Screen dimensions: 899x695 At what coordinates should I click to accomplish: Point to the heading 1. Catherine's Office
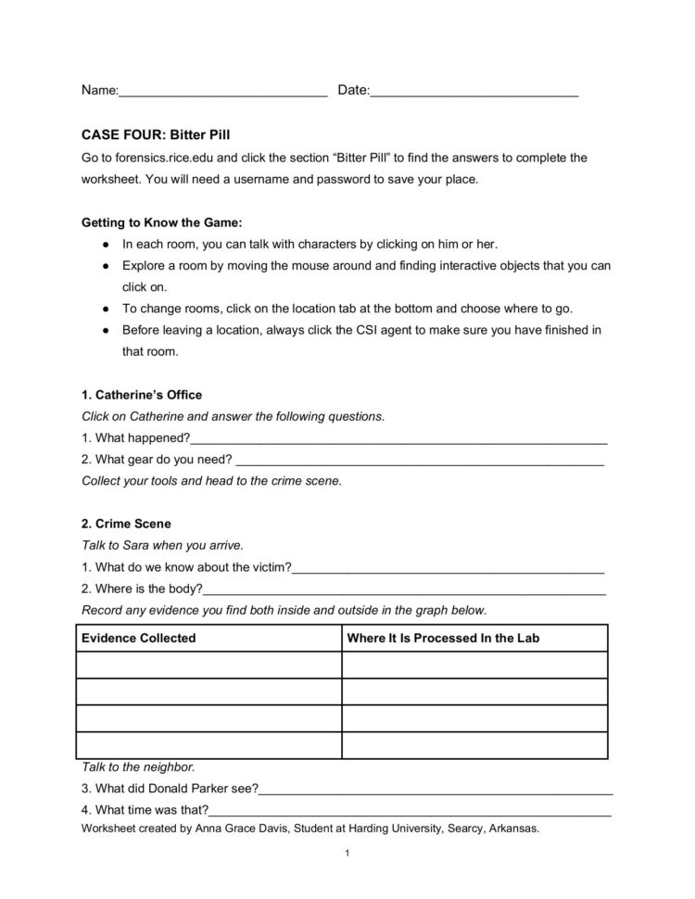coord(142,395)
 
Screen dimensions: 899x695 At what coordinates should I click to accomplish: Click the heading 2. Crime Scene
coord(126,524)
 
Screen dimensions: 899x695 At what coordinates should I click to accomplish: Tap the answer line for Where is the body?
coord(404,589)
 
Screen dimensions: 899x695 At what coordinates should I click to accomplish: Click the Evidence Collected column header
coord(139,639)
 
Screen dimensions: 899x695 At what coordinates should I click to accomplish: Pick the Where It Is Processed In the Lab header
coord(443,639)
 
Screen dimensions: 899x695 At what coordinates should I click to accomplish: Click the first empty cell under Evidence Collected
coord(208,665)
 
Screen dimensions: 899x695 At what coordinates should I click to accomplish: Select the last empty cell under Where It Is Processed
coord(474,745)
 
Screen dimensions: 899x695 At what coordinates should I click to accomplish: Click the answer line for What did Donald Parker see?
coord(436,791)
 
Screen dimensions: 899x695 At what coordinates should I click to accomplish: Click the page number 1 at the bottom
coord(346,853)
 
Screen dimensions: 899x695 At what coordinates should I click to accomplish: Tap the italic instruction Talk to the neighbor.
coord(138,767)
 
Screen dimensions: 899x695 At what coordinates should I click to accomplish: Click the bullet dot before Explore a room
coord(107,266)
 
